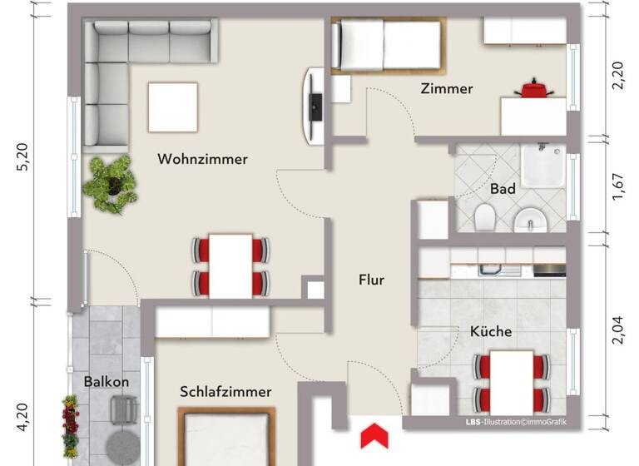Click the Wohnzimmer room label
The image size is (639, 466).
[202, 159]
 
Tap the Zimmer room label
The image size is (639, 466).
[446, 88]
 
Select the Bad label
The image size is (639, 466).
[503, 189]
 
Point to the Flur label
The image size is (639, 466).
[371, 280]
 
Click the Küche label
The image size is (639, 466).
[491, 331]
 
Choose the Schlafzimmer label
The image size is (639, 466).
[225, 391]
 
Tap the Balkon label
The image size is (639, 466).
[106, 382]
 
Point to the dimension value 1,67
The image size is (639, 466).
[617, 191]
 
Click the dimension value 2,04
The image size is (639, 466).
[617, 331]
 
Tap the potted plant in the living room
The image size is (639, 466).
[109, 183]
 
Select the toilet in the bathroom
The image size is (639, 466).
[484, 217]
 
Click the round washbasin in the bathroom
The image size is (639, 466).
[529, 220]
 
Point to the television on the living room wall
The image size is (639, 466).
[315, 106]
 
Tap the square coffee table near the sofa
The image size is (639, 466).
[173, 107]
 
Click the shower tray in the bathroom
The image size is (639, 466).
[543, 167]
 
